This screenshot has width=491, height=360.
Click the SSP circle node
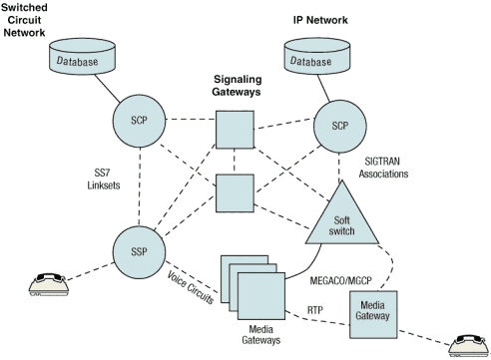[139, 252]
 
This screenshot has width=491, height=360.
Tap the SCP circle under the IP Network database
[340, 127]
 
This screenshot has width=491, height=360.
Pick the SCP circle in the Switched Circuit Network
[139, 121]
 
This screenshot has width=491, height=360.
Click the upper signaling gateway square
[235, 130]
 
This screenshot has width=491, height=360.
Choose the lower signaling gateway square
[235, 193]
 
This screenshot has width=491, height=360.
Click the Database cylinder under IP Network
[317, 56]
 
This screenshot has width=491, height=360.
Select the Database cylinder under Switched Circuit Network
[82, 56]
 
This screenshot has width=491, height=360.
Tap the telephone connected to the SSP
[49, 284]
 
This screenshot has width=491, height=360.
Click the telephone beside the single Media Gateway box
[469, 346]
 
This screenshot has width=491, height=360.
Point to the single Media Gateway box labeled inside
[373, 314]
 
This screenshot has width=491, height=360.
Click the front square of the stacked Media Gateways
[261, 296]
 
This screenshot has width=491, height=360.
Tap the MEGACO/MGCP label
[340, 281]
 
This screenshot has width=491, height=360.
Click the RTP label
[315, 310]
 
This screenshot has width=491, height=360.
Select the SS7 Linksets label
[104, 180]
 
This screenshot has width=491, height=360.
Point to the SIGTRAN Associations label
[383, 168]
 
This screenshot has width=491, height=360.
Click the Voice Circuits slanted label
[191, 287]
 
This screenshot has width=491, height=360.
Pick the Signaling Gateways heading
[237, 86]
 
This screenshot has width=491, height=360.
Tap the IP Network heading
[320, 20]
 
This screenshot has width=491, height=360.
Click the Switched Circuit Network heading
[24, 20]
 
